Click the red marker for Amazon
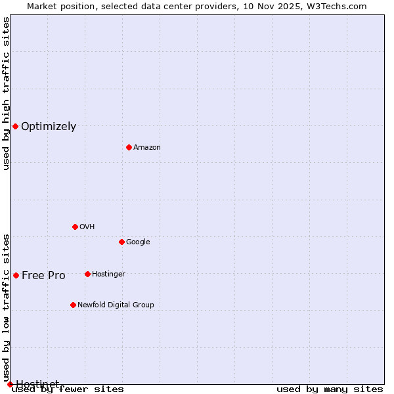[x=129, y=147]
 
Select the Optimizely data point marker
[x=15, y=126]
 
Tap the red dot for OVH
[x=75, y=227]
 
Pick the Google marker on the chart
[x=121, y=242]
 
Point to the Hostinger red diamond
[x=87, y=274]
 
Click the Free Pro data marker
[x=16, y=275]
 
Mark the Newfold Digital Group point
[x=73, y=305]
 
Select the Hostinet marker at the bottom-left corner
[x=10, y=384]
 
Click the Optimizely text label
[x=49, y=127]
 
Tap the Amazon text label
[x=147, y=148]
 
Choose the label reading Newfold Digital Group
[x=116, y=305]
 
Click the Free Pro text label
[x=43, y=276]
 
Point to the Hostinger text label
[x=108, y=274]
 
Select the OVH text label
[x=87, y=227]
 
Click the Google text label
[x=138, y=242]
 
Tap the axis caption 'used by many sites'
[x=330, y=389]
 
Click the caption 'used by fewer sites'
[x=68, y=389]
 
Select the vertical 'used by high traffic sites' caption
[x=6, y=93]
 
